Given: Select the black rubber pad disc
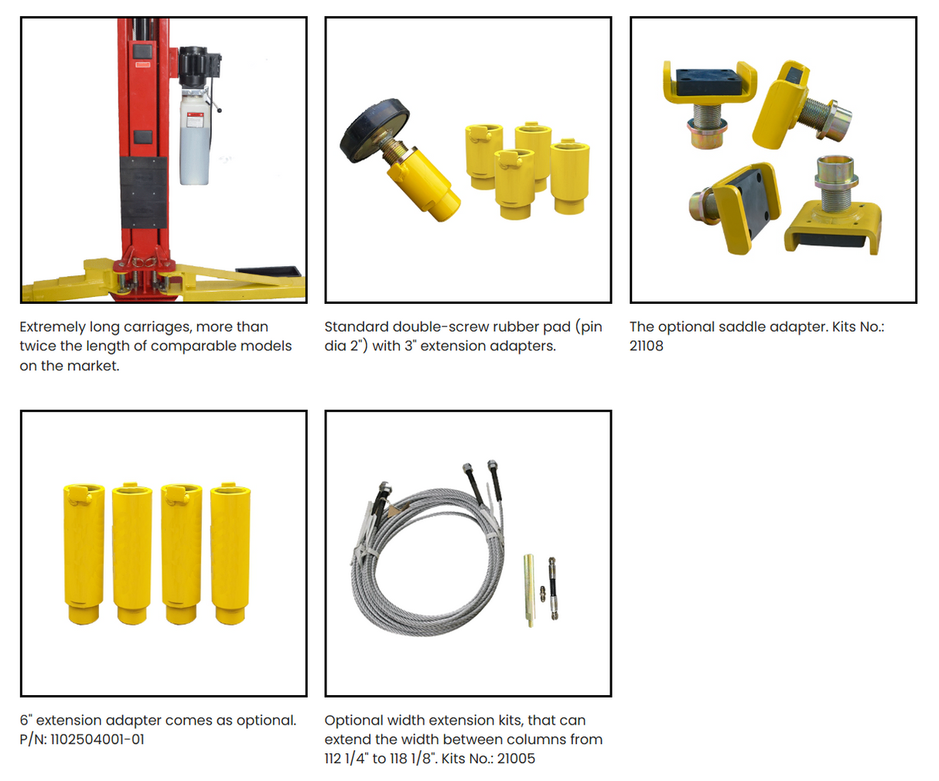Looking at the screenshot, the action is click(x=374, y=130).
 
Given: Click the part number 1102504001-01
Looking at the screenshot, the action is click(x=97, y=739).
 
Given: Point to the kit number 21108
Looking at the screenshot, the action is click(x=646, y=346).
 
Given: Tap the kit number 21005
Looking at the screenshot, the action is click(x=516, y=759).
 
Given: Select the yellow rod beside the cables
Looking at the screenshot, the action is click(x=529, y=590).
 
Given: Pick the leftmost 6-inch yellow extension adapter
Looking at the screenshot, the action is click(x=84, y=554).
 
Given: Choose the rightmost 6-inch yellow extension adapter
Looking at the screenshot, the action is click(x=230, y=554).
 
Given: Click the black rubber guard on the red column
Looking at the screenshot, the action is click(x=143, y=193).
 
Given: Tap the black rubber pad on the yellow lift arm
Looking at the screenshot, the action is click(x=268, y=271).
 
